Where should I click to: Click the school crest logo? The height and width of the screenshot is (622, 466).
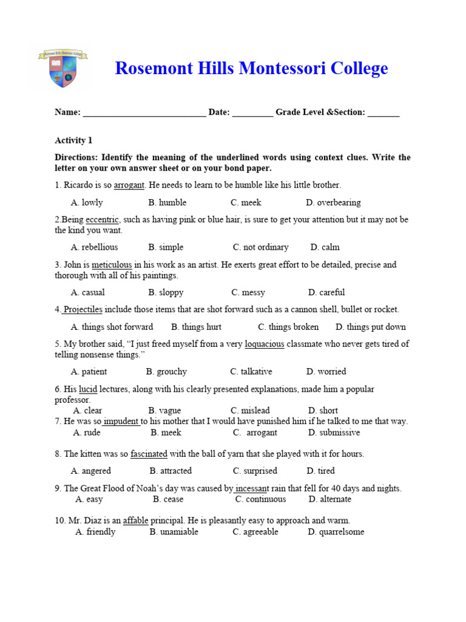tap(63, 69)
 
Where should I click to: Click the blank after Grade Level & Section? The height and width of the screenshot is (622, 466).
tap(383, 112)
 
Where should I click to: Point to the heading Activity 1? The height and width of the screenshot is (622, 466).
tap(73, 140)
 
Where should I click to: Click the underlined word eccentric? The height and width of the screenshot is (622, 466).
tap(103, 219)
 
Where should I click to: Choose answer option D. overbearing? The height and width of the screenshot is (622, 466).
tap(333, 202)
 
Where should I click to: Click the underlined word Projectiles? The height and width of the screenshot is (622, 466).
tap(83, 310)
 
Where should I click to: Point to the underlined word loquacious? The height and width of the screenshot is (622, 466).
tap(264, 344)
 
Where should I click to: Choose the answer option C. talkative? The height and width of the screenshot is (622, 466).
tap(251, 372)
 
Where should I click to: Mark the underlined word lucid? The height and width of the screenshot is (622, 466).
tap(88, 389)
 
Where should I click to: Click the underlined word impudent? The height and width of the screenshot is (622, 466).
tap(121, 422)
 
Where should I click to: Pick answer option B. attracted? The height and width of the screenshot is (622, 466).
tap(171, 471)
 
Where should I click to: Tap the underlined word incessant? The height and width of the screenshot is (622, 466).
tap(252, 488)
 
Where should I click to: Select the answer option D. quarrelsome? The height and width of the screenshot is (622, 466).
tap(336, 532)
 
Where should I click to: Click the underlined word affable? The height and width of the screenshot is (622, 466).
tap(136, 521)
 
